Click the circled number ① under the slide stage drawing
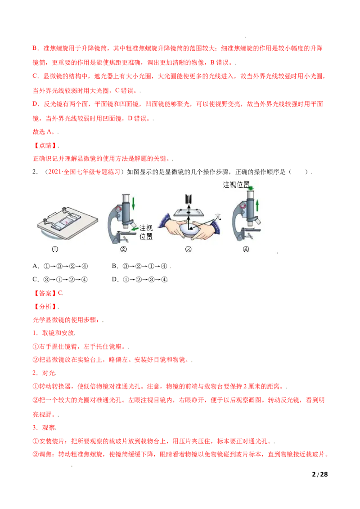[55, 249]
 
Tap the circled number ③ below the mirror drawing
[189, 249]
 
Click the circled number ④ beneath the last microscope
[246, 249]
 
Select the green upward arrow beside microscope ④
[257, 206]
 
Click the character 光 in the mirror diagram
[218, 217]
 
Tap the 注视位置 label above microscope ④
[236, 185]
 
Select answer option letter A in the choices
[35, 266]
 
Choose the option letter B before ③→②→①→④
[115, 266]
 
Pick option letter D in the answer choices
[115, 280]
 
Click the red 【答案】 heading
[45, 293]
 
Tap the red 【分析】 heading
[45, 307]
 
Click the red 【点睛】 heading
[45, 145]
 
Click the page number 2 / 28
[319, 474]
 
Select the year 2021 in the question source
[54, 172]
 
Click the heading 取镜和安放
[58, 333]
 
